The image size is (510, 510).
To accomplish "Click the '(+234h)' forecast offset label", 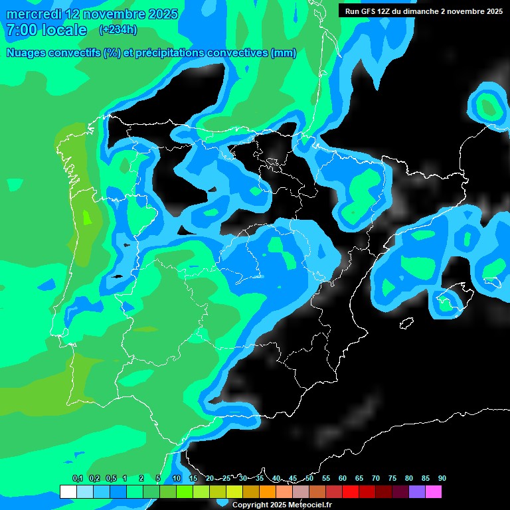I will (118, 29).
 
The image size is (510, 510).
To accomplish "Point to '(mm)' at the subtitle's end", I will (283, 53).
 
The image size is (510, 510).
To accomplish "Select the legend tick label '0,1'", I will (78, 478).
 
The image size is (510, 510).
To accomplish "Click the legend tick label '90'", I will (442, 478).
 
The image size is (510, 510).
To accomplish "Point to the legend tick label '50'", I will (309, 478).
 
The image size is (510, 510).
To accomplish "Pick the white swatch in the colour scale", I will (68, 491).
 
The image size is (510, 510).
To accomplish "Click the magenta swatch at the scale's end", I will (434, 491).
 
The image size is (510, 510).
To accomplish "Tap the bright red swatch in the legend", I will (351, 491).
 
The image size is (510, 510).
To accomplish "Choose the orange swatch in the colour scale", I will (268, 491).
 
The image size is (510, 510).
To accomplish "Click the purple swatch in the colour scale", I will (417, 491).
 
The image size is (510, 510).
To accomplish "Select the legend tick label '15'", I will (193, 478).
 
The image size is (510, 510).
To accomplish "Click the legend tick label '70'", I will (376, 478).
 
